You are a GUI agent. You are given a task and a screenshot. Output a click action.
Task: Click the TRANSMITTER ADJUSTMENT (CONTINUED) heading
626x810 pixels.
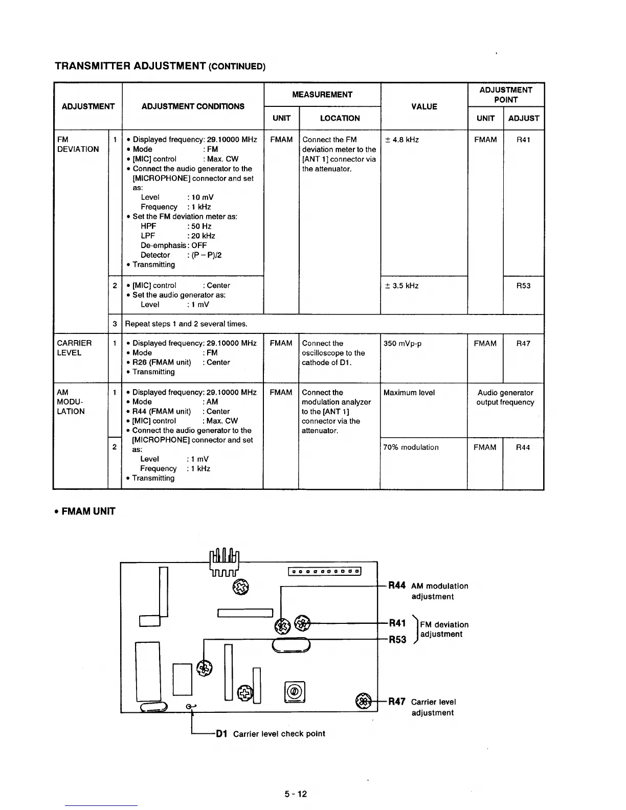point(160,66)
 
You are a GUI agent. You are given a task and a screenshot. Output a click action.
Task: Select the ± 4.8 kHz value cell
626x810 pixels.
point(401,140)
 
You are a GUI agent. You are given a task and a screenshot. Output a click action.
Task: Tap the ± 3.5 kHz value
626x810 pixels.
point(401,286)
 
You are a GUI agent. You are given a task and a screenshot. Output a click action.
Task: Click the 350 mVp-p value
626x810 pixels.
point(403,344)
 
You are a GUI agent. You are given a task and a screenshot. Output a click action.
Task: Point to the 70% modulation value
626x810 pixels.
point(411,447)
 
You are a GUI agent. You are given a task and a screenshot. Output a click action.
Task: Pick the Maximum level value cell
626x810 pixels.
point(409,393)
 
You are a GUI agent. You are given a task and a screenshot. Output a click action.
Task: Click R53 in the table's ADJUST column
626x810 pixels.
point(523,286)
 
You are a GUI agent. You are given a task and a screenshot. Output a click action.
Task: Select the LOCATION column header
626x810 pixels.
point(340,118)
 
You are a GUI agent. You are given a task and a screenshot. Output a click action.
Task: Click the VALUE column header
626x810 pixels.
point(424,106)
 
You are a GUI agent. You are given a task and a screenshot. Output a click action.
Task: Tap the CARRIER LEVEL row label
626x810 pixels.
point(75,348)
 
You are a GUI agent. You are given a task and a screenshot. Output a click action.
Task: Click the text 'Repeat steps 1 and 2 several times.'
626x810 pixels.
point(186,324)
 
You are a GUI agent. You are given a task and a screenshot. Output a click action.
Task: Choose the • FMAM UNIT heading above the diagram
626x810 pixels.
point(85,511)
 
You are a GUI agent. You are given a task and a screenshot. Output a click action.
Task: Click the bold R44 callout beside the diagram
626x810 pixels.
point(397,586)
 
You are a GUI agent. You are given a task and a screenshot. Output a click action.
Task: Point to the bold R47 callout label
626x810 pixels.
point(397,702)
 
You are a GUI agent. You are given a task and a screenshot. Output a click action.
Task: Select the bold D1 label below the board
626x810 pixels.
point(221,734)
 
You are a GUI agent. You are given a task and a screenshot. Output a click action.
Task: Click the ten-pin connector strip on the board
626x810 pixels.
point(325,572)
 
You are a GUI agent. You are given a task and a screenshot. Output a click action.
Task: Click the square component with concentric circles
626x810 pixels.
point(294,692)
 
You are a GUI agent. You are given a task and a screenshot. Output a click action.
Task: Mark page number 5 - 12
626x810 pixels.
point(296,794)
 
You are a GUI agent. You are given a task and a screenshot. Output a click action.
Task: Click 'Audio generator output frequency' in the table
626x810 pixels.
point(505,397)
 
